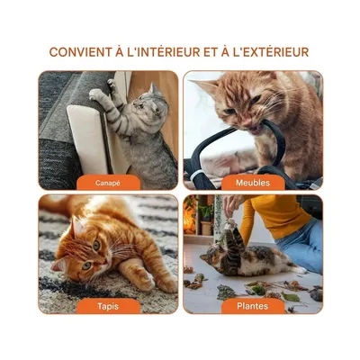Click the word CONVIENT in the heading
click(x=80, y=52)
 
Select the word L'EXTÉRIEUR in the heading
click(x=267, y=52)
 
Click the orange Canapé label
click(x=107, y=183)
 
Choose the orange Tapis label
click(x=107, y=306)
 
